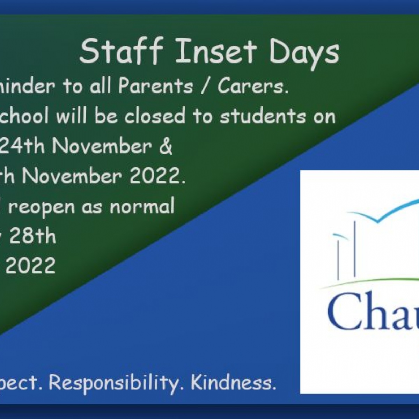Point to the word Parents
coord(155,86)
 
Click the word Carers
coord(253,86)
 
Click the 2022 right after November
coord(155,176)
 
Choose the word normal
coord(142,206)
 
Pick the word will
coord(73,116)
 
